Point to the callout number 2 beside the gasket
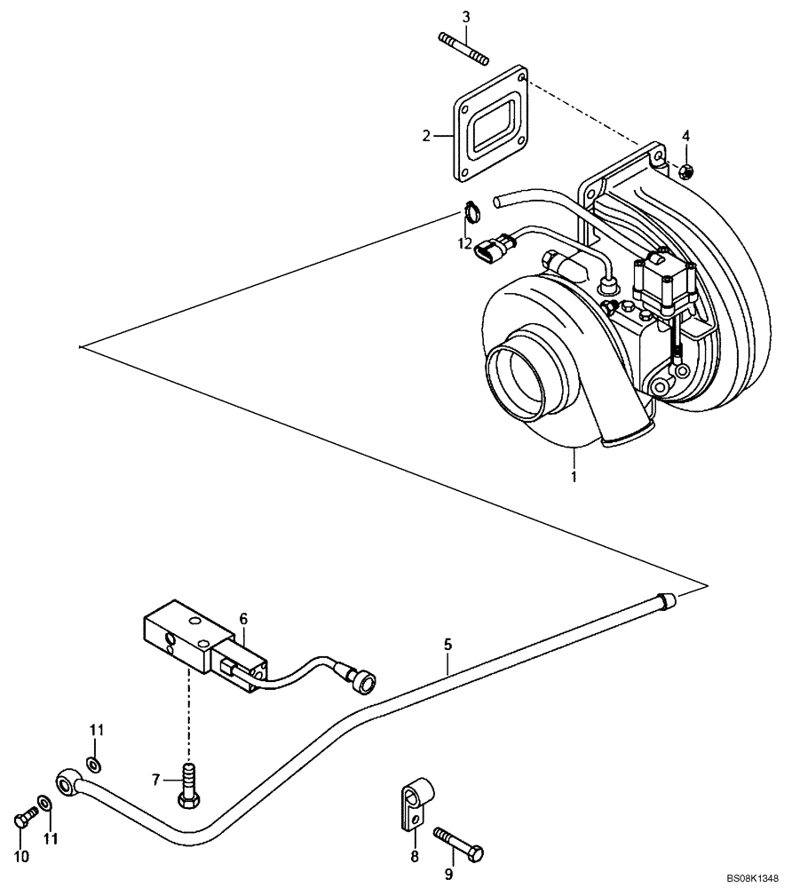pos(426,136)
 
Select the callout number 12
pos(465,242)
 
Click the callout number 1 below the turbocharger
pos(574,477)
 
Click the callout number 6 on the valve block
pos(242,619)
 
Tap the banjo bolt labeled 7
pos(188,781)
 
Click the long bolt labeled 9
pos(458,843)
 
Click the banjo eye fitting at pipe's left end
pos(68,781)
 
